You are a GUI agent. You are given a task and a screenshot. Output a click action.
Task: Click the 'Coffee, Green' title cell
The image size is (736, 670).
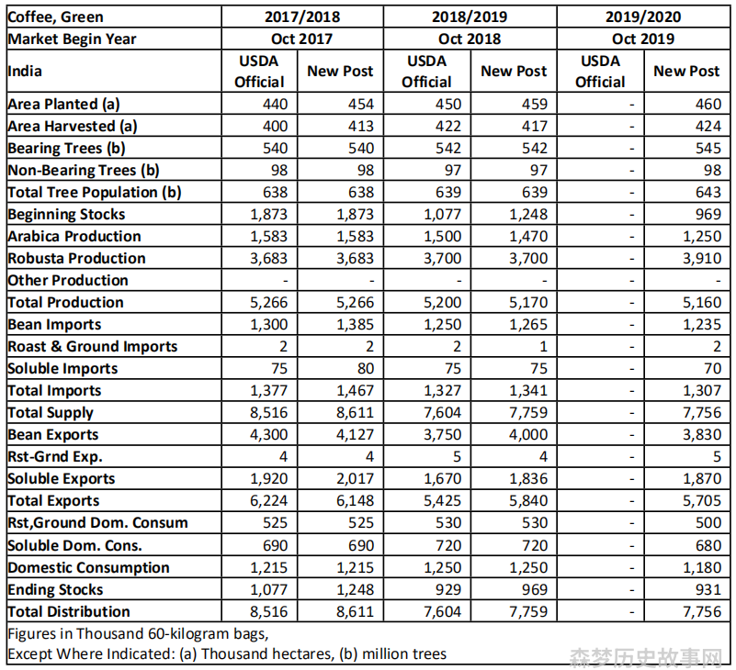(55, 17)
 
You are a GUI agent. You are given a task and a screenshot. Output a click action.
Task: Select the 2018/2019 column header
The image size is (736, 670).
(470, 17)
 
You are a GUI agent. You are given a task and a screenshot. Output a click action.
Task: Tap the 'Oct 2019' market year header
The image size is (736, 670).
(643, 39)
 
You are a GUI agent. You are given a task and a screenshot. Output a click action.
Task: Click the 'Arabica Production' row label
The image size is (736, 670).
(74, 236)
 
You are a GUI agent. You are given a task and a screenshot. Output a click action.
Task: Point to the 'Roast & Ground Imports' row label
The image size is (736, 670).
(93, 347)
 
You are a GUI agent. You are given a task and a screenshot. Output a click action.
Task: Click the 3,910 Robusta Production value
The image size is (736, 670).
(702, 258)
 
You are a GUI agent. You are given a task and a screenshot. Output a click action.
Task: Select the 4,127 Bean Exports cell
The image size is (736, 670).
(355, 435)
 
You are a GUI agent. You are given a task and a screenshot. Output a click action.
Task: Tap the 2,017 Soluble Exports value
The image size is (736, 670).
(355, 479)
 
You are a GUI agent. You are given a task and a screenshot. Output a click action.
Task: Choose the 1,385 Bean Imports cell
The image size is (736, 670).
(355, 325)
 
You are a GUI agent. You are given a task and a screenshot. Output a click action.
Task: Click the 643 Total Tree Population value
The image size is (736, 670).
(708, 192)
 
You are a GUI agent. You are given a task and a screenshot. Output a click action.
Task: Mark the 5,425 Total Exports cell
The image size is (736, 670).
(442, 501)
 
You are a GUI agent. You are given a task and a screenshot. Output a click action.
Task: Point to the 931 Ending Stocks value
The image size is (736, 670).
(708, 590)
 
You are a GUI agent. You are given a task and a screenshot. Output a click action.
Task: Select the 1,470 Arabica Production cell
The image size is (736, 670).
(528, 236)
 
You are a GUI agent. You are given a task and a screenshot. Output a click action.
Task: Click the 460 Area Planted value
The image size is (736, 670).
(708, 104)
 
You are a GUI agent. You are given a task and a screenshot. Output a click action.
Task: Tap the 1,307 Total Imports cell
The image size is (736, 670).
(702, 391)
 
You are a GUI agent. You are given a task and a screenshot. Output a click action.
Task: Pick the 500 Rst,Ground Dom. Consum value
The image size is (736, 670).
(708, 523)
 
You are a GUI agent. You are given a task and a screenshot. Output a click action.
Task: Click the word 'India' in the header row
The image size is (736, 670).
(25, 72)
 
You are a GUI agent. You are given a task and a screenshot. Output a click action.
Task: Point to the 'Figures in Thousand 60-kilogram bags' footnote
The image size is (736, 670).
(138, 634)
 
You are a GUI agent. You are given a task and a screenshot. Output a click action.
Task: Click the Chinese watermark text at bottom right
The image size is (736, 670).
(646, 658)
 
